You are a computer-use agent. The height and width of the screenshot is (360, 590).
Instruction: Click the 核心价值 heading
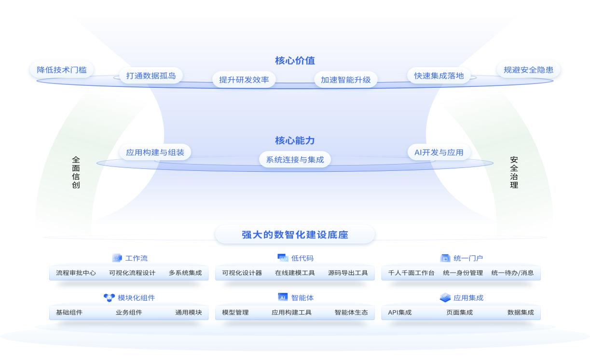pos(295,61)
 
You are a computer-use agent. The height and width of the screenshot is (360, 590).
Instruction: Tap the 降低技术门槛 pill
pos(62,70)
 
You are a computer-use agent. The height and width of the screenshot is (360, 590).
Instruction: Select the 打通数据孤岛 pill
pos(151,76)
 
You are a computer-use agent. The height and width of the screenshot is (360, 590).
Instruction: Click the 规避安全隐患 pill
pos(528,70)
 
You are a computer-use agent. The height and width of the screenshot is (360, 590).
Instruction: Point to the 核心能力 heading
pos(295,141)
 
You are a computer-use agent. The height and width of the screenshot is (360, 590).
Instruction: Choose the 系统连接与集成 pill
pos(295,160)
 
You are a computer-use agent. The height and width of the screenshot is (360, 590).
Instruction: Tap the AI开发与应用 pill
pos(439,152)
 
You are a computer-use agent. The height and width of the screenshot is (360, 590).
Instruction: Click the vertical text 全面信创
pos(76,172)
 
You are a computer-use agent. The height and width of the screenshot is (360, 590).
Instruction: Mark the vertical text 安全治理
pos(514,172)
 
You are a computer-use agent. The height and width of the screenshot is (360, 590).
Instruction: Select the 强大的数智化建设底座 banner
pos(295,235)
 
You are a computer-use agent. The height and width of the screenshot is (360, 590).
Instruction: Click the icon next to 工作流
pos(117,258)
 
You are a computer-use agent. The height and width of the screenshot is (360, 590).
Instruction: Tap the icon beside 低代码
pos(283,258)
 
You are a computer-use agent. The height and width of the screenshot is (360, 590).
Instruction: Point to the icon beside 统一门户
pos(445,258)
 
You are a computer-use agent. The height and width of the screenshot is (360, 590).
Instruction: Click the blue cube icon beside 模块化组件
pos(109,298)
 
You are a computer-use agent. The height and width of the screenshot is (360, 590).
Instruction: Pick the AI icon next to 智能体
pos(283,297)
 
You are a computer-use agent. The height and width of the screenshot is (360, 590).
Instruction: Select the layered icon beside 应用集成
pos(445,298)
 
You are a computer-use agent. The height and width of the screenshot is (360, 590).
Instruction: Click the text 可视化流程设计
pos(132,273)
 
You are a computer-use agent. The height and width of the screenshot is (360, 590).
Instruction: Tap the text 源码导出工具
pos(348,273)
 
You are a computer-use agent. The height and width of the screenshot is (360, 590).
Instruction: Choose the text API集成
pos(399,313)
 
